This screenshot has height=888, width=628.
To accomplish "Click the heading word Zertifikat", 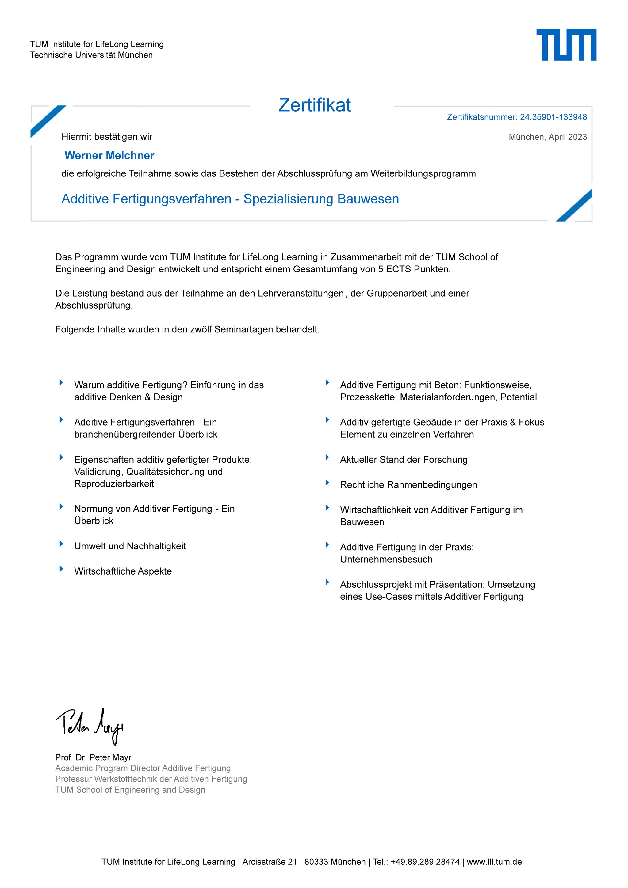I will (315, 105).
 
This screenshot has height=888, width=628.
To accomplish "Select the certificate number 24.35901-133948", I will (553, 117).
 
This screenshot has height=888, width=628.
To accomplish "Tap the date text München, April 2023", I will (548, 137).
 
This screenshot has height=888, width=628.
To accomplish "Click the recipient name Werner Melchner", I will (109, 155).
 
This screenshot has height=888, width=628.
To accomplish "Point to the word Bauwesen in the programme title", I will (368, 199).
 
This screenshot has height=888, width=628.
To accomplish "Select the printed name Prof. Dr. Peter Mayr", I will (93, 757).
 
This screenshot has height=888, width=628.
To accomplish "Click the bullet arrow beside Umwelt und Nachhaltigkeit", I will (61, 544).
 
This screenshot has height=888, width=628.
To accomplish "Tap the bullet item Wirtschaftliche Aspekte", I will (123, 571).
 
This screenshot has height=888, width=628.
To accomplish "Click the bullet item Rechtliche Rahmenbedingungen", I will (408, 485).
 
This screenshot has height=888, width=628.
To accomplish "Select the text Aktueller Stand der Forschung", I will (404, 459).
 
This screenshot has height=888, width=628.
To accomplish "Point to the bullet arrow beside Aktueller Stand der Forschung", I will (327, 457).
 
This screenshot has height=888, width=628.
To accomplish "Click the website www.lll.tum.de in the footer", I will (494, 862).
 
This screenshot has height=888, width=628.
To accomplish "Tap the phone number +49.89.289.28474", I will (425, 862).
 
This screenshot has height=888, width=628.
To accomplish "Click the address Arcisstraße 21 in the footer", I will (270, 862).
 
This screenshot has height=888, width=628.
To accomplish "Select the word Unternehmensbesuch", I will (386, 559).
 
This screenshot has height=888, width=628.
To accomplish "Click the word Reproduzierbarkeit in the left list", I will (114, 484).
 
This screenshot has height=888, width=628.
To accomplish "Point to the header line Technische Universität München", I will (91, 55).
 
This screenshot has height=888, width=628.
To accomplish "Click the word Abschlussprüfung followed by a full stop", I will (93, 305).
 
